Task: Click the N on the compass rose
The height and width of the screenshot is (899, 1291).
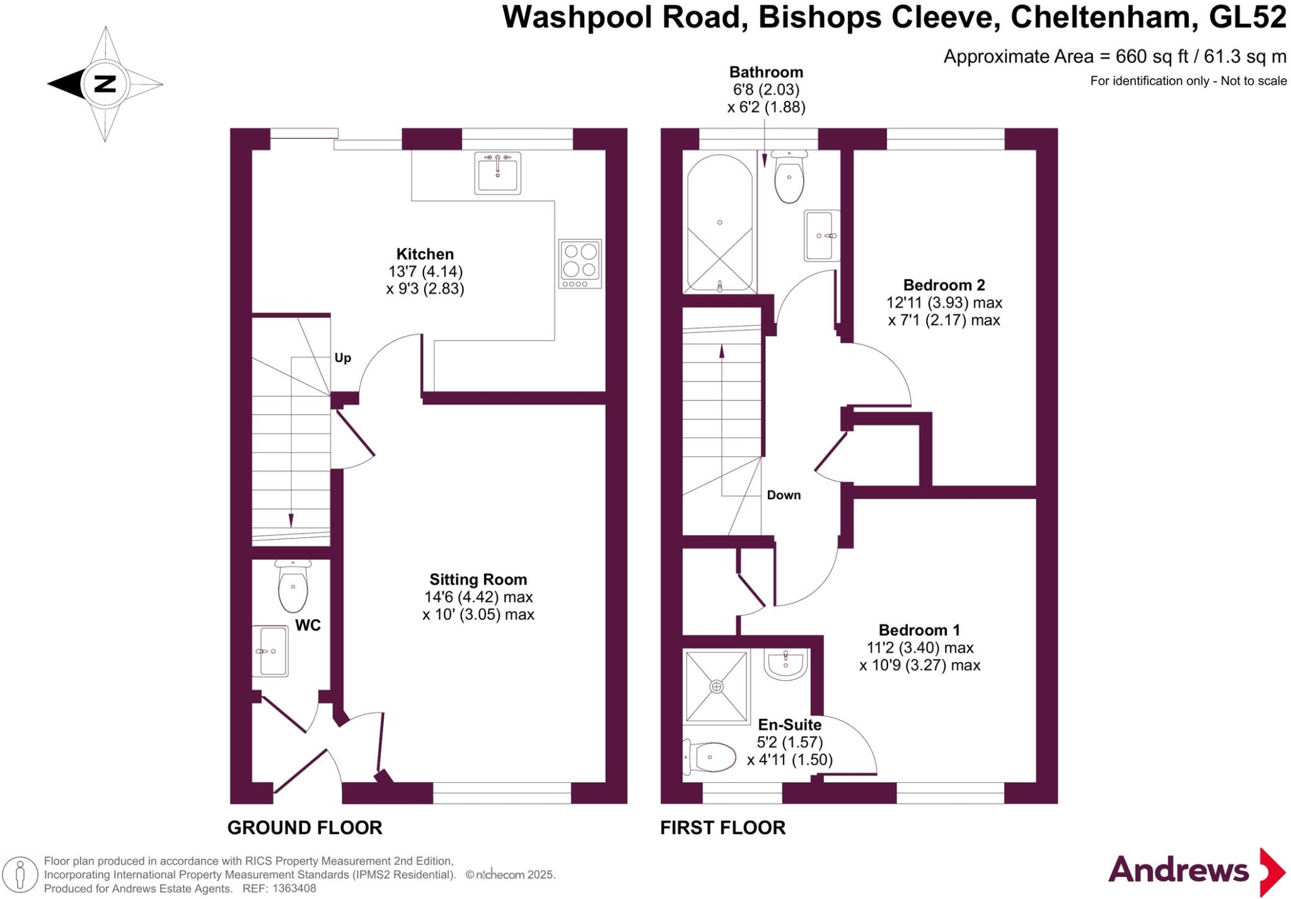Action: (x=105, y=84)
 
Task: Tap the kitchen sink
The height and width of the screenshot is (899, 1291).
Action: (x=498, y=173)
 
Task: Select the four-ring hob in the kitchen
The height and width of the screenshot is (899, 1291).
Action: (x=580, y=264)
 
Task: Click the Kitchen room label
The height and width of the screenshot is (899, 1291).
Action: (x=425, y=254)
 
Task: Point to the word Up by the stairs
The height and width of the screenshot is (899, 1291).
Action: (x=342, y=358)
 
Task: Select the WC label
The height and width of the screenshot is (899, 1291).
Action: (x=308, y=625)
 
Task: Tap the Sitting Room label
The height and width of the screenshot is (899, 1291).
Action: (x=478, y=579)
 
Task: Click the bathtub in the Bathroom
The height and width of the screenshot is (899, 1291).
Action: (x=719, y=224)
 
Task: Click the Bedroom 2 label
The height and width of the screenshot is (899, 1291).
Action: (x=944, y=285)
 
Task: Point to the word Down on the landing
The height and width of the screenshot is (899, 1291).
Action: (x=784, y=496)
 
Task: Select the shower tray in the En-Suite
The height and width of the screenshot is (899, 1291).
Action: (x=716, y=687)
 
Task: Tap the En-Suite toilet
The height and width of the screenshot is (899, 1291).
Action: (x=710, y=757)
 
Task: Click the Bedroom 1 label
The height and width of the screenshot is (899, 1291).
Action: (x=919, y=630)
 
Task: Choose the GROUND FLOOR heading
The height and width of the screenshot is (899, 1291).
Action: (x=304, y=828)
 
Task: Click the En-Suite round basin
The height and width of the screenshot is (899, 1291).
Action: (x=785, y=664)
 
